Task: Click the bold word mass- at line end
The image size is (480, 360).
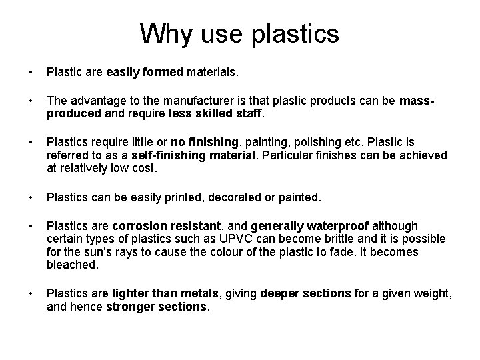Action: (418, 101)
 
